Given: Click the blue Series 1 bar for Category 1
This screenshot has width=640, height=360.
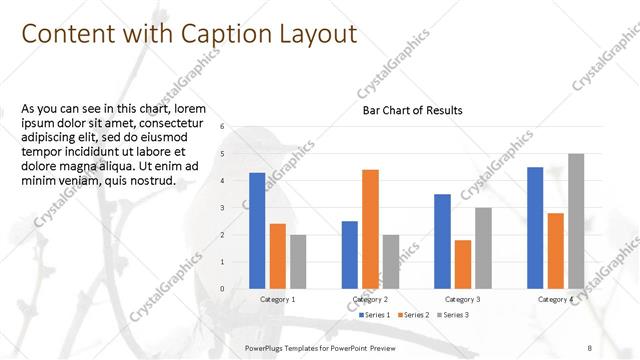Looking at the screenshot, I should click(257, 231).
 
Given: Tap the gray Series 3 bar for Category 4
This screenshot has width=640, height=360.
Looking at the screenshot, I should click(576, 221).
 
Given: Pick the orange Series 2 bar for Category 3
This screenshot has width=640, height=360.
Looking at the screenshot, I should click(463, 264).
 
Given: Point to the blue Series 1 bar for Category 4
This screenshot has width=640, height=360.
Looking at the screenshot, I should click(535, 228).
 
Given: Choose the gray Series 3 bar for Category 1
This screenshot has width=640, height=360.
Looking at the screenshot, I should click(297, 262).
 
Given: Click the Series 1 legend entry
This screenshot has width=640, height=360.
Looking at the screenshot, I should click(375, 315).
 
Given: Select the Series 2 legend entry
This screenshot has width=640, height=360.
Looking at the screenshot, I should click(414, 315).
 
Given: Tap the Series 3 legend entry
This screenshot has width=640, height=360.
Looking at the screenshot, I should click(452, 315).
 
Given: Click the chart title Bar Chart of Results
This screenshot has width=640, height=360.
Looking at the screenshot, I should click(413, 110).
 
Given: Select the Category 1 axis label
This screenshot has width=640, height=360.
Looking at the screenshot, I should click(278, 300).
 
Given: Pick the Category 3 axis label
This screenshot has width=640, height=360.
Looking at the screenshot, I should click(463, 300).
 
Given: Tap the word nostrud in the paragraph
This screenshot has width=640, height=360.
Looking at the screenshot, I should click(154, 181).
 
